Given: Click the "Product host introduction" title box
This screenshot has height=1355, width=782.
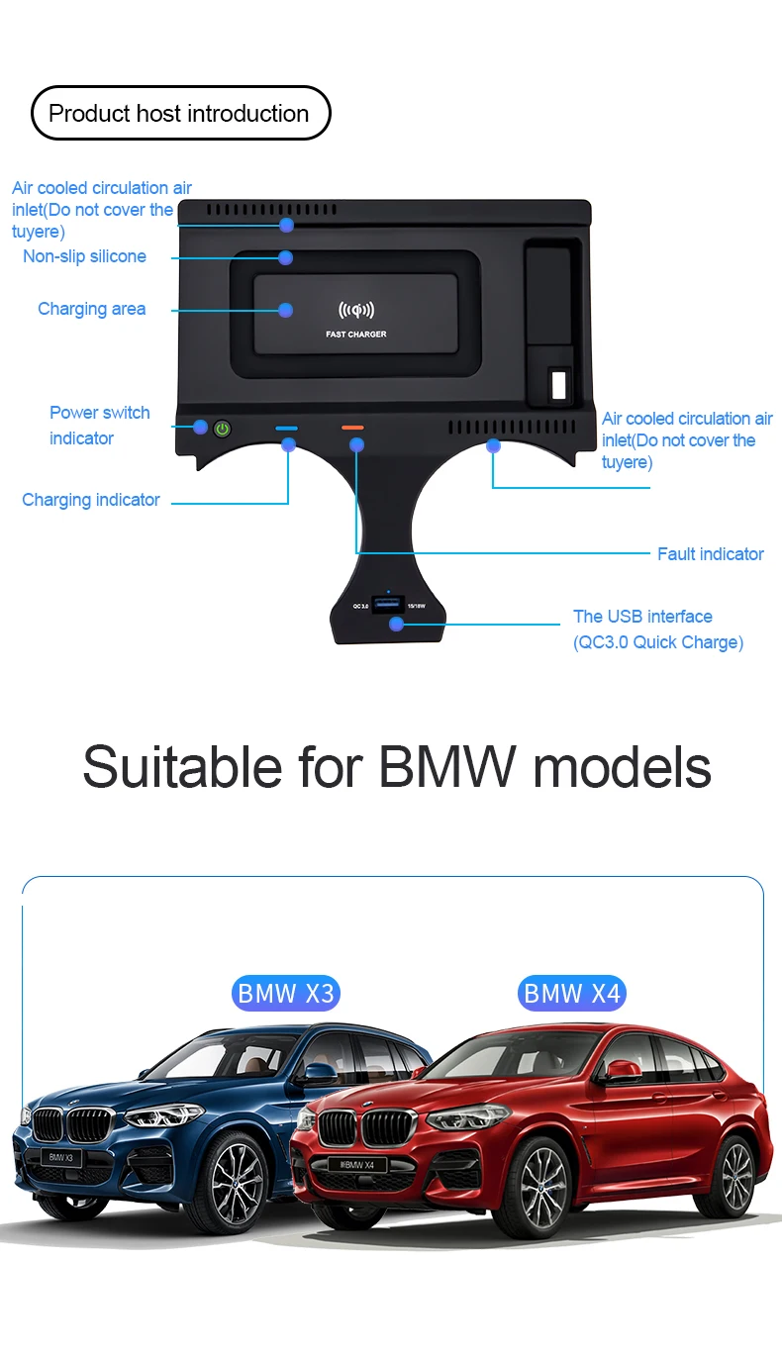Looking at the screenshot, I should [x=180, y=114].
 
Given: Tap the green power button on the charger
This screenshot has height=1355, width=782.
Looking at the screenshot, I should [x=223, y=429].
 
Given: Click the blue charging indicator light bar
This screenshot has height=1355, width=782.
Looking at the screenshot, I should [x=287, y=429].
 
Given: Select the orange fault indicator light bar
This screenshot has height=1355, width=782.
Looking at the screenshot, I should [x=352, y=428].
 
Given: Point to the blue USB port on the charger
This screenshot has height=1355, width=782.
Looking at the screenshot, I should [x=388, y=605].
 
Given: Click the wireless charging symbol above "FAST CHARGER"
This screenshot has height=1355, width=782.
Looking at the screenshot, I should [x=356, y=311].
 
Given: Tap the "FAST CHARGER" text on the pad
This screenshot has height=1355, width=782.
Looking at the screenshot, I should [x=356, y=335].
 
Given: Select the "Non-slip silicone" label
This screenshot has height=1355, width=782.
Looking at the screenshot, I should [x=85, y=257].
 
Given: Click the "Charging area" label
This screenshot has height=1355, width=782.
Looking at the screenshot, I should [x=92, y=309].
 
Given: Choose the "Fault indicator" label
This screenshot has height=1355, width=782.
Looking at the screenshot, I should [x=710, y=554].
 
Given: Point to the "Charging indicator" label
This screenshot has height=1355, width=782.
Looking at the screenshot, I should [x=91, y=500].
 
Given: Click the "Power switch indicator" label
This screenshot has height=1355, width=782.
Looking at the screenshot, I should [x=99, y=426].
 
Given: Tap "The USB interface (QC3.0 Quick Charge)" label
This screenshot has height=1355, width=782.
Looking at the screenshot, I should [x=657, y=629].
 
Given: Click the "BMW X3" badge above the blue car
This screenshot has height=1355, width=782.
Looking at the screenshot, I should [x=286, y=993].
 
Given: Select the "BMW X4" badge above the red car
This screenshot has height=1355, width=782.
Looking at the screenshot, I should [x=572, y=993].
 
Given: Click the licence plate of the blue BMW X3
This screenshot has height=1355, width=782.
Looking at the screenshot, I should [x=61, y=1157].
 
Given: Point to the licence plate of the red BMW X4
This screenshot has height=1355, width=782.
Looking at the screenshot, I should [x=356, y=1165].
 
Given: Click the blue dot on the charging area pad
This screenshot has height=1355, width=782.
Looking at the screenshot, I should [x=286, y=310].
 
